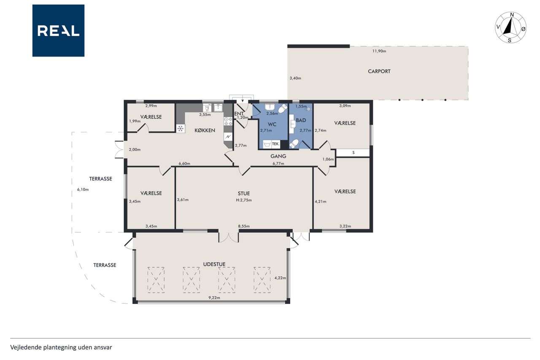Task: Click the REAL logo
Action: point(58,31)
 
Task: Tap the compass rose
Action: point(511,27)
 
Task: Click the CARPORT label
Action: point(379,71)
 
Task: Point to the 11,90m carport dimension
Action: point(379,51)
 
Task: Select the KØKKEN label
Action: point(205,130)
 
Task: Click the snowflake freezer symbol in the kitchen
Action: point(181,129)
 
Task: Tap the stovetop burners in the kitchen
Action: point(228,121)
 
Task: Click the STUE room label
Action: point(244,194)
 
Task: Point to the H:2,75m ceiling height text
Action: point(244,200)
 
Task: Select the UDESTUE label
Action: point(214,264)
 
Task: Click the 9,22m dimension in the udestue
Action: point(214,298)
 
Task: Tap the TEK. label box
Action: point(276,144)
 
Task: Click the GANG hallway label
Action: point(278,156)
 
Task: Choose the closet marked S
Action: point(353,153)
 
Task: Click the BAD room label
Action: point(301,120)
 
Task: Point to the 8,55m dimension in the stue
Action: point(244,226)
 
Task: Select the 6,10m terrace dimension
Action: point(83,189)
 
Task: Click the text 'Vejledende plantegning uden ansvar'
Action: point(61,347)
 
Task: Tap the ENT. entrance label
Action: point(239,114)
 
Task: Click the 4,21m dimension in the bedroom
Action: point(321,202)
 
